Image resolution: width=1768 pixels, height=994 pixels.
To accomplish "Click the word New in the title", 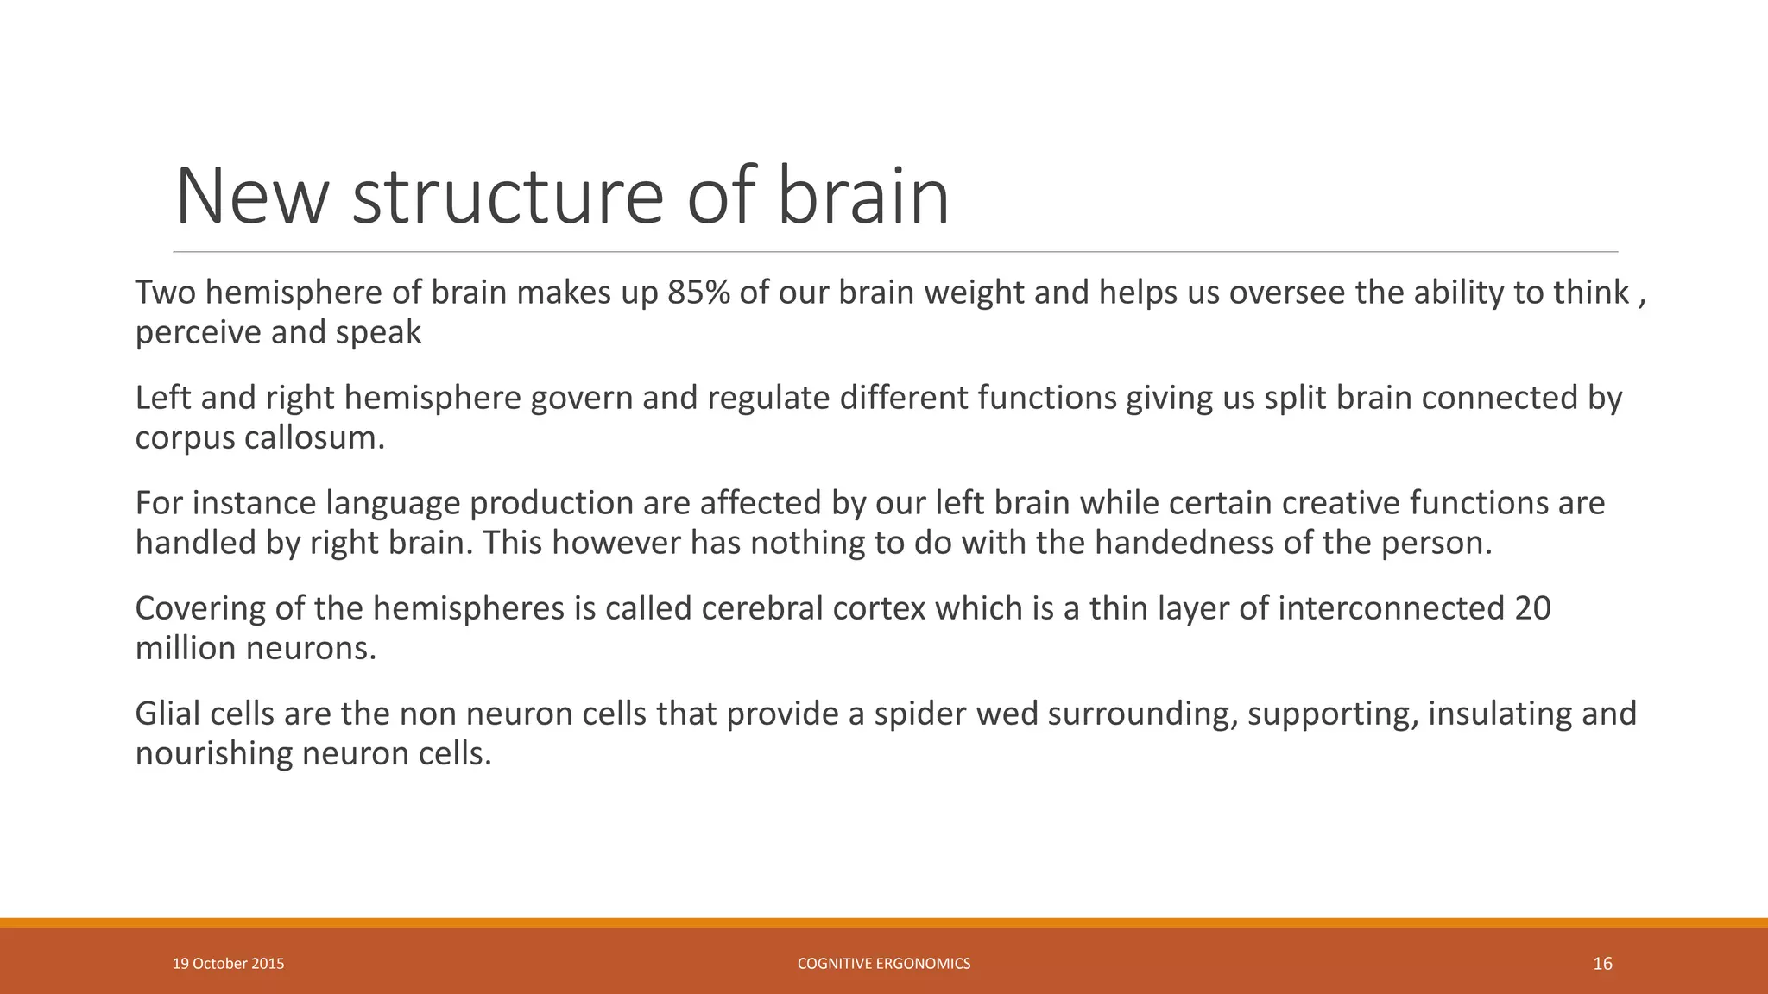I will (x=252, y=197).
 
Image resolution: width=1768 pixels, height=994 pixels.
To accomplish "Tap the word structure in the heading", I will (x=508, y=197).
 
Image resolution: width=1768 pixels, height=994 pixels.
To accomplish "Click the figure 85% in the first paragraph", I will (x=698, y=293).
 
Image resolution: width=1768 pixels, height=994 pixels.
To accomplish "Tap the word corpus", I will (x=184, y=438).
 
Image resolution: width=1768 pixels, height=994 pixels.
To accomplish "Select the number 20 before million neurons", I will (x=1532, y=609).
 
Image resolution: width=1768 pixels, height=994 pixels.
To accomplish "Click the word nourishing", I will (x=213, y=754).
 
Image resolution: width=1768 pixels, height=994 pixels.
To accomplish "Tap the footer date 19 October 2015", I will (x=228, y=964).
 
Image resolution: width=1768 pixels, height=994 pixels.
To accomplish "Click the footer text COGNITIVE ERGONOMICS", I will (x=883, y=964).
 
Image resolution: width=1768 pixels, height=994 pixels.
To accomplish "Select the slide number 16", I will (x=1602, y=964).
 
